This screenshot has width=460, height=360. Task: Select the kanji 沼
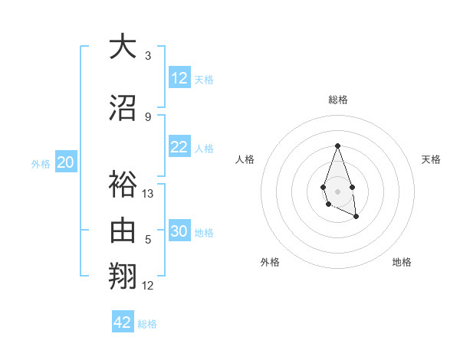[x=123, y=107]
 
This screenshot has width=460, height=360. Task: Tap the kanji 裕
[x=123, y=185]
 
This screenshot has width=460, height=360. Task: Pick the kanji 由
[x=123, y=230]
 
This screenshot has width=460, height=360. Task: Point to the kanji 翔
[x=123, y=275]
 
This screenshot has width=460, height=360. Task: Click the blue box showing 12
[x=179, y=78]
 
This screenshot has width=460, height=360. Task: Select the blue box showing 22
[x=179, y=147]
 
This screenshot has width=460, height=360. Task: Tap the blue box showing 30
[x=179, y=231]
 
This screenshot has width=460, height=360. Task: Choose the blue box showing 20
[x=66, y=162]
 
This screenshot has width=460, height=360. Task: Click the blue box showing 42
[x=123, y=322]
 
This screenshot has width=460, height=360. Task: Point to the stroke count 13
[x=149, y=194]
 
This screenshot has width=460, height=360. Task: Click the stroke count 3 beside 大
[x=148, y=55]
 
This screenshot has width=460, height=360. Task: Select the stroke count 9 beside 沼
[x=148, y=116]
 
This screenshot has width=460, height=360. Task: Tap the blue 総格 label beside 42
[x=148, y=324]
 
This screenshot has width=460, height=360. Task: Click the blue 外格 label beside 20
[x=41, y=163]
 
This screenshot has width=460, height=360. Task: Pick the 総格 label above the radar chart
[x=338, y=100]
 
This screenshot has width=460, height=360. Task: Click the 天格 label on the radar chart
[x=431, y=159]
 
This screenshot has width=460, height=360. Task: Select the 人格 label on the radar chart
[x=245, y=159]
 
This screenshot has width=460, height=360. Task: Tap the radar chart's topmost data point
[x=337, y=146]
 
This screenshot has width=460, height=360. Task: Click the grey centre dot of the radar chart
[x=337, y=190]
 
